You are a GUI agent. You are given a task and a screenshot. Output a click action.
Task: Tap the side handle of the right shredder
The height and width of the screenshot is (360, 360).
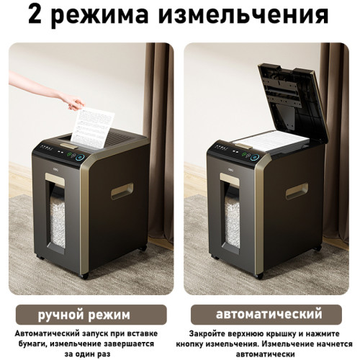coord(296,192)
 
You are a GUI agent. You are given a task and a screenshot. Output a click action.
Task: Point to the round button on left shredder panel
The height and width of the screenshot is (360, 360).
coord(81,156)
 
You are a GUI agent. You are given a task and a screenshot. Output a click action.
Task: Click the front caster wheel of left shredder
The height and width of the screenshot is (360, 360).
coord(85,276)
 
